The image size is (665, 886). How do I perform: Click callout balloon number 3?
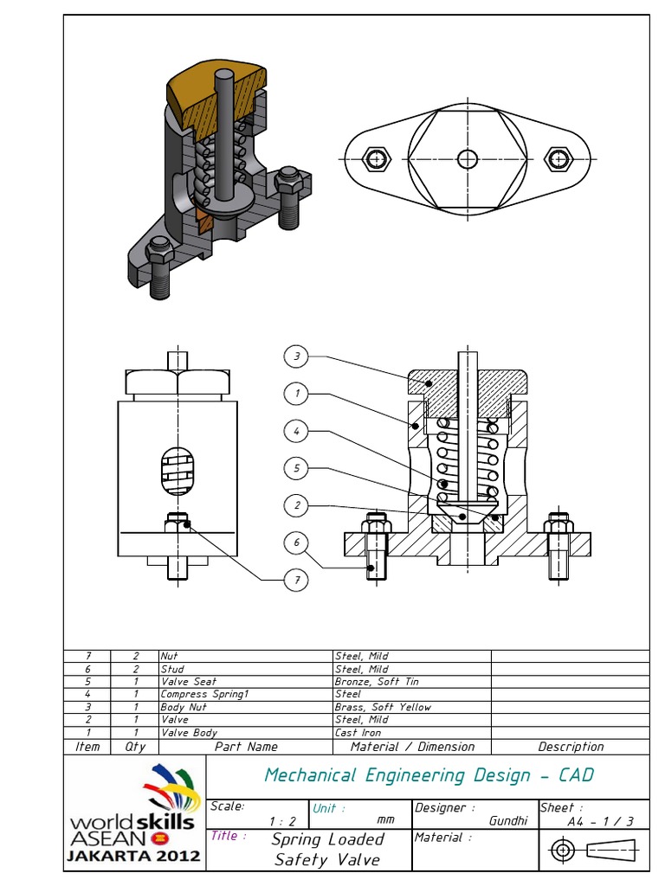296,356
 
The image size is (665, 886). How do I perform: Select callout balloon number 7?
296,581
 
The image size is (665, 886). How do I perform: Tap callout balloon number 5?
296,468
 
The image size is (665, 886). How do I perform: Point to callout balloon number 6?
296,543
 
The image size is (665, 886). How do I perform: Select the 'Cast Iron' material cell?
358,732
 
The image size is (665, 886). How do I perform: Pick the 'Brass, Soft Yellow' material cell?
383,707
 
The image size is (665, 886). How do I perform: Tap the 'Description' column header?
571,747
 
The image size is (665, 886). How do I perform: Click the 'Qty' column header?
136,747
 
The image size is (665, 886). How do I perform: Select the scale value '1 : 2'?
283,821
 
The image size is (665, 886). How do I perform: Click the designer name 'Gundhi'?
509,821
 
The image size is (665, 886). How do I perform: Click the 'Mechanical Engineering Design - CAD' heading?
429,775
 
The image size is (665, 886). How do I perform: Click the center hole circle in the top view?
468,159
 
